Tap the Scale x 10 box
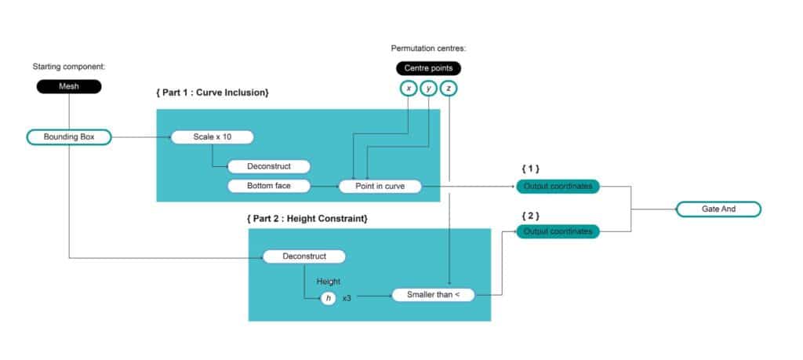pos(213,137)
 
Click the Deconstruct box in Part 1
pos(268,166)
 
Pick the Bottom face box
pos(268,186)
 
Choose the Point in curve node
pos(380,186)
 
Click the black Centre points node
pos(427,68)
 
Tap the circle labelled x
pos(408,88)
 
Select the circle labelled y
pos(428,88)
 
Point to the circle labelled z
pos(449,88)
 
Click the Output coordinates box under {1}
pos(558,186)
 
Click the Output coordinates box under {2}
pos(558,231)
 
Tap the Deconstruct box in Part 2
pos(303,256)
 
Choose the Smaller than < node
pos(433,295)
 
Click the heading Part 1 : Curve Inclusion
pos(213,93)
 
